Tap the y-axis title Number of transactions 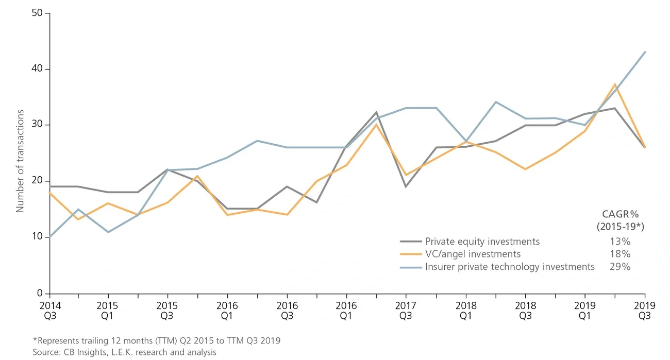[x=20, y=153]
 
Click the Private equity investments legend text [x=482, y=242]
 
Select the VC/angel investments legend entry [x=473, y=254]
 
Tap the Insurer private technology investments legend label [x=510, y=267]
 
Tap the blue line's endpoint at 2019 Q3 [x=645, y=52]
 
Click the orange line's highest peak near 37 [x=615, y=84]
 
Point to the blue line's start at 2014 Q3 [x=49, y=237]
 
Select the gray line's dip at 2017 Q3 [x=406, y=186]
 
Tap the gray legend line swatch [x=411, y=242]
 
